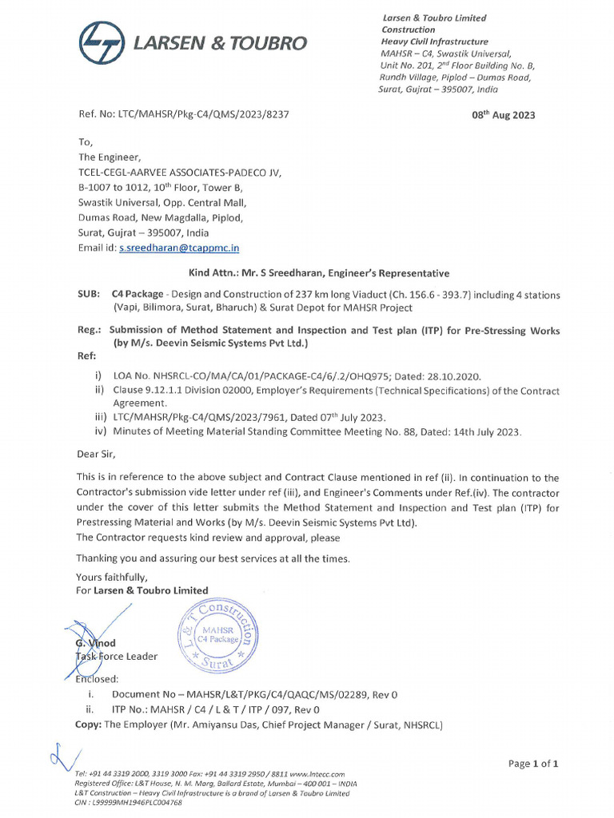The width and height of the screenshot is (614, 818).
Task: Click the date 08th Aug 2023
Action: (504, 115)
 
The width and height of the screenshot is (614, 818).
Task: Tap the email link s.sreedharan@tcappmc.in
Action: (180, 248)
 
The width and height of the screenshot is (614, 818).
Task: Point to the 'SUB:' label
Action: (88, 295)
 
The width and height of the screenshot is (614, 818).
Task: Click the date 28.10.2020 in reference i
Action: (453, 376)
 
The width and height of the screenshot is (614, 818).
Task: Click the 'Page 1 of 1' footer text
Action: (532, 764)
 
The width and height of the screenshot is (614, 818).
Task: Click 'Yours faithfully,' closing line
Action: (112, 577)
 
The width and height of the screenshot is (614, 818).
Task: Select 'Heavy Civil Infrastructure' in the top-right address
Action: (434, 42)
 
